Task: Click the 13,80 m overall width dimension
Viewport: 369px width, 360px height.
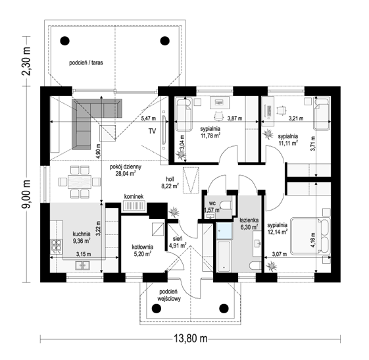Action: tap(191, 338)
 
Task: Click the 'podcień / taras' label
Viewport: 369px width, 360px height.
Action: tap(86, 63)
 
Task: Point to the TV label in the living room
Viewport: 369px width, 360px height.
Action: tap(152, 131)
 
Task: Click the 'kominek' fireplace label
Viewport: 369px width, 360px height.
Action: tap(134, 196)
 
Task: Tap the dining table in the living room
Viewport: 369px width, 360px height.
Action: tap(80, 182)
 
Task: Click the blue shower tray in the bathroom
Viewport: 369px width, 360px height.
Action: tap(224, 231)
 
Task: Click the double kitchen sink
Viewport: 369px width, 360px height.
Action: tap(82, 265)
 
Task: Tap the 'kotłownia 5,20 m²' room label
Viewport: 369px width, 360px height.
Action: tap(142, 250)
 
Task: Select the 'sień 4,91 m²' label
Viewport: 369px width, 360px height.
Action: tap(178, 242)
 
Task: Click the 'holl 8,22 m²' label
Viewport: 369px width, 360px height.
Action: tap(170, 182)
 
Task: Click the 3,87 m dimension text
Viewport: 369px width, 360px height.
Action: tap(235, 118)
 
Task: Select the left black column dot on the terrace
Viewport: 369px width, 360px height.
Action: tap(64, 41)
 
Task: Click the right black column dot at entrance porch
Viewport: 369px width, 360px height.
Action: tap(224, 308)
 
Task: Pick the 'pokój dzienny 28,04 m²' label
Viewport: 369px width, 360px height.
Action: tap(126, 170)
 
